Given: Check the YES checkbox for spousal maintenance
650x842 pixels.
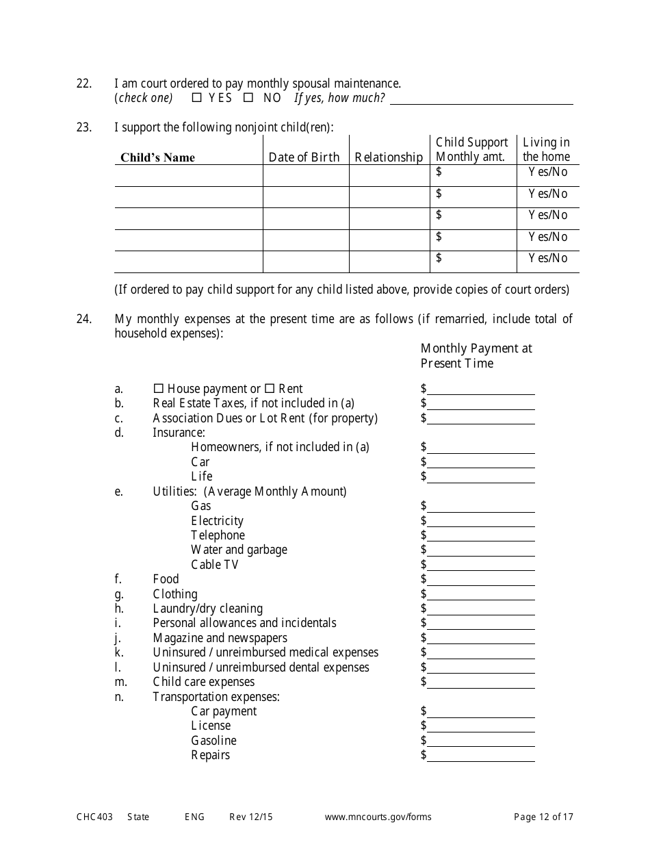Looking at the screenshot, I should [x=197, y=98].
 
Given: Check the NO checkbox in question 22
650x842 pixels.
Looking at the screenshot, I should [x=249, y=98].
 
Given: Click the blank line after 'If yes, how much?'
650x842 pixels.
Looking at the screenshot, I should [x=481, y=100].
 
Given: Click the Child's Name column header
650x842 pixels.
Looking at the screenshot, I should [x=158, y=157].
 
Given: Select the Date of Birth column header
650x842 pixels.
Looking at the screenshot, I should [x=304, y=157].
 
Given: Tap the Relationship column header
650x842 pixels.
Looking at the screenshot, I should [x=389, y=157].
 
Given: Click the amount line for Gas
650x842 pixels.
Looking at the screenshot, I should [x=481, y=507].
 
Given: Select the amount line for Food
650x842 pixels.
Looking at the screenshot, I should [x=481, y=581].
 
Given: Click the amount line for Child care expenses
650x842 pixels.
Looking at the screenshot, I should [x=481, y=683].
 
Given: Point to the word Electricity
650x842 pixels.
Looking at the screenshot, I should [x=217, y=521].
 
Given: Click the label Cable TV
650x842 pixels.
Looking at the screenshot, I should [x=215, y=565].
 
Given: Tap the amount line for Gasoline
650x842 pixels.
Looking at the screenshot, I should [x=481, y=742].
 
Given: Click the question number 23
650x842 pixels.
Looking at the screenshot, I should [x=83, y=127].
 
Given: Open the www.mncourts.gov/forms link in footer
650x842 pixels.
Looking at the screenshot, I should [x=378, y=817].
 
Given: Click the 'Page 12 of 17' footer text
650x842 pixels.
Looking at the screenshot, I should [x=543, y=817].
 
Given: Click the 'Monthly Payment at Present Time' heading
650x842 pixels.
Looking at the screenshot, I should [x=476, y=356].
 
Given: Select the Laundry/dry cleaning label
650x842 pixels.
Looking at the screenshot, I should [x=207, y=609].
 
